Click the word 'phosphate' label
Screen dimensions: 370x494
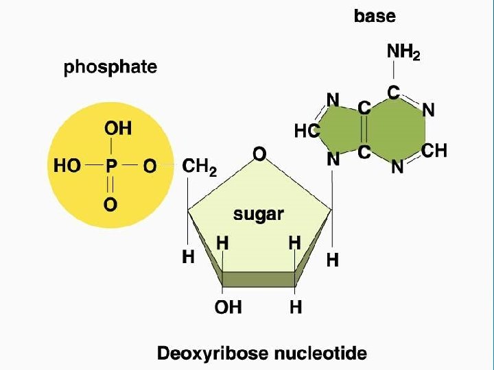110,67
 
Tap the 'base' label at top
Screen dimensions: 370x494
375,16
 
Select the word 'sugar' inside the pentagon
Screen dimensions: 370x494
259,214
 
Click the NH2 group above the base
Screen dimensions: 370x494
403,52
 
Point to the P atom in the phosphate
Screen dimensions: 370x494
111,166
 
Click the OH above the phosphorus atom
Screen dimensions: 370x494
118,128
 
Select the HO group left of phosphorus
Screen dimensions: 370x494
67,166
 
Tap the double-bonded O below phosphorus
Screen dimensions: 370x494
110,203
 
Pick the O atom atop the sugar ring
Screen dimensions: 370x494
259,155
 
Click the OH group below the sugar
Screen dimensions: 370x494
228,307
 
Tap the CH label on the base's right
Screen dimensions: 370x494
434,151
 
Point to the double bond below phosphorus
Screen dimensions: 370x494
110,185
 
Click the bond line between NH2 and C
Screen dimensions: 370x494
394,71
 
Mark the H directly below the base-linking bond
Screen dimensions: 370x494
333,260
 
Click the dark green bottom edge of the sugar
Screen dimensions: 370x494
258,279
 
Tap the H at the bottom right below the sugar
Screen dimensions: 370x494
296,307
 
